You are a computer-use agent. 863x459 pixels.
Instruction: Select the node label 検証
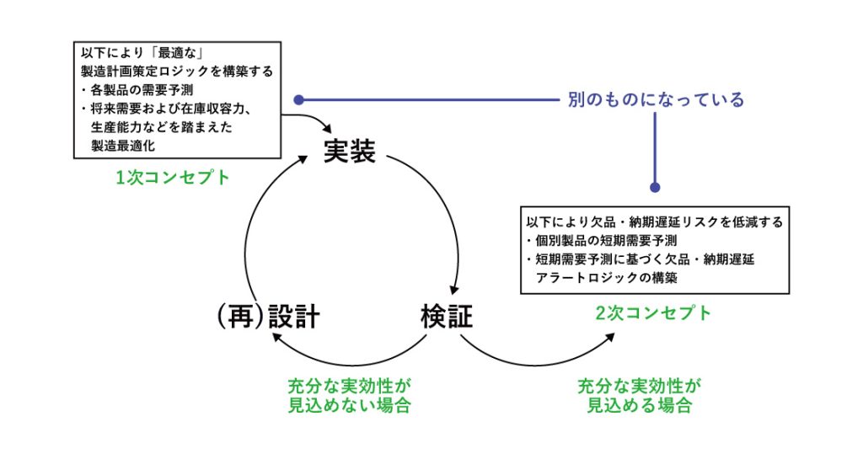(x=447, y=316)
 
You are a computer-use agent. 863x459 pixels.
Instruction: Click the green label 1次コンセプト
(x=174, y=179)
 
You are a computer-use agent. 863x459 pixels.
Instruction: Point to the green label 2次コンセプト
(x=655, y=313)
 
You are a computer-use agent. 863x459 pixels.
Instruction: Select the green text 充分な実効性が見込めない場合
(x=349, y=395)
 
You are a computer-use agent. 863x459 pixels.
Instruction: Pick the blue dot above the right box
(x=655, y=188)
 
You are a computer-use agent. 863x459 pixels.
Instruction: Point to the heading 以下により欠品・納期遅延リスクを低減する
(x=655, y=222)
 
